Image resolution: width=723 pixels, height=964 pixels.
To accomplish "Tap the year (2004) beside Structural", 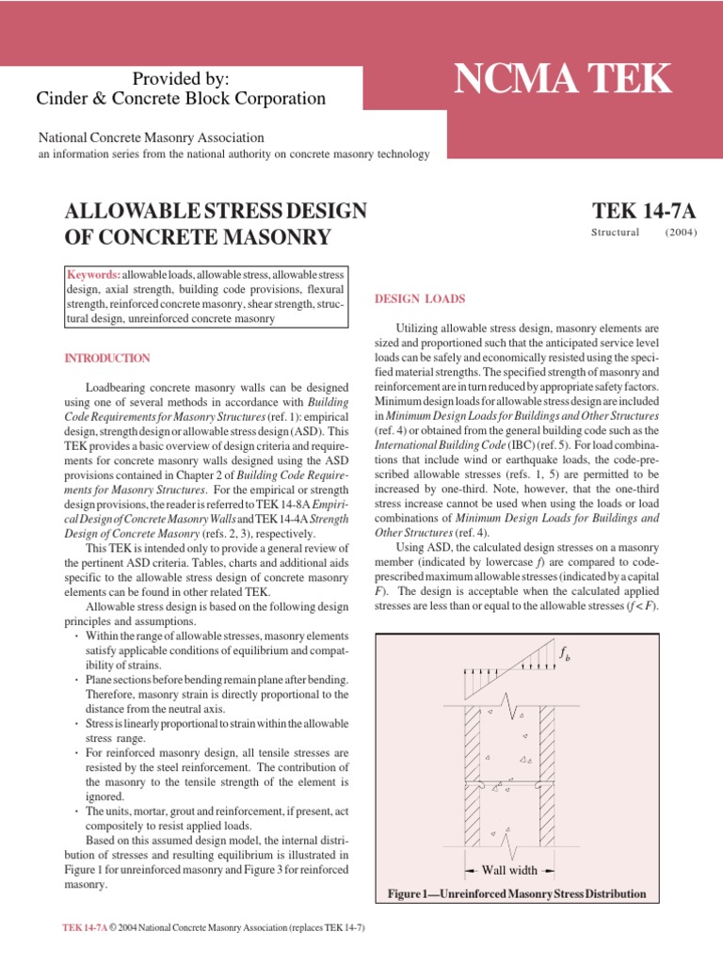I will [x=681, y=232].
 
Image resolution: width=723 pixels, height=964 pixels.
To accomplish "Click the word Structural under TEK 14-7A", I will [x=615, y=232].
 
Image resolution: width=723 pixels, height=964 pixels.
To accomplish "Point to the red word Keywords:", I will [x=93, y=273].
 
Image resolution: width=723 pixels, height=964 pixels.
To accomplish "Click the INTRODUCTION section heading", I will [x=105, y=359].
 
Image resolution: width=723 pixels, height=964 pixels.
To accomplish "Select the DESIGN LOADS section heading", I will [x=420, y=299].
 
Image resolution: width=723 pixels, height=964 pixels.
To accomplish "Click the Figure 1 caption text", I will [x=516, y=893].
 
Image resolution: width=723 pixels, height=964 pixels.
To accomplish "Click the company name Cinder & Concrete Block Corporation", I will [x=181, y=98].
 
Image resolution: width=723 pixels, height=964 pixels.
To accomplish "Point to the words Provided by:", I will [x=181, y=78].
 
